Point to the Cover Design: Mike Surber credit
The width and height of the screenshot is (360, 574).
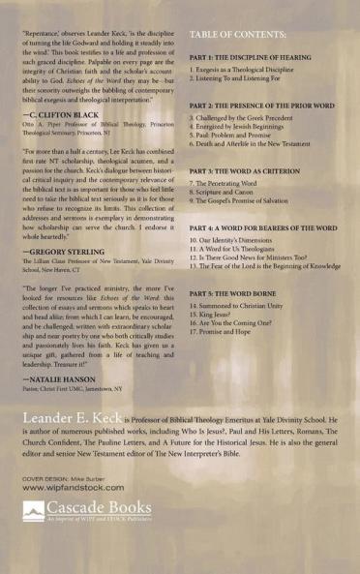coord(63,478)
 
